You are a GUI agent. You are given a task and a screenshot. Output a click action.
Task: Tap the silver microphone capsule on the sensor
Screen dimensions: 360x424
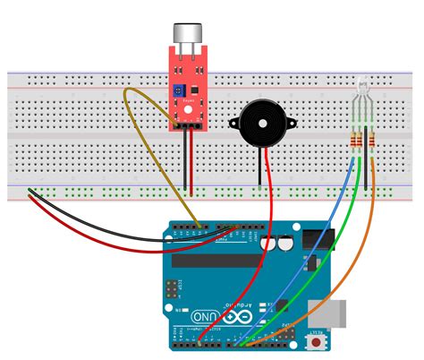coord(189,34)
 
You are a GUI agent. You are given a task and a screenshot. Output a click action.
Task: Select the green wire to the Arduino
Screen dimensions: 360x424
coord(322,269)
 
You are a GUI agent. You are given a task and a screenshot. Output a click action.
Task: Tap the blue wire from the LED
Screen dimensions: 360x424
coord(304,260)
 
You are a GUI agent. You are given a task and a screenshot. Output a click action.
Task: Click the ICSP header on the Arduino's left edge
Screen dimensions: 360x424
coord(170,289)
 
